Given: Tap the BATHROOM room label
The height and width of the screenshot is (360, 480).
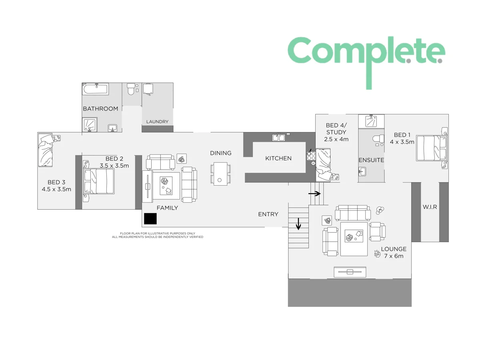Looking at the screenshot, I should point(100,108).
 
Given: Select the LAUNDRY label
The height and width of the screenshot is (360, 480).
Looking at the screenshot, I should point(157,122).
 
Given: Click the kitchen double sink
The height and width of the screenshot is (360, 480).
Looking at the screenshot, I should point(278,138).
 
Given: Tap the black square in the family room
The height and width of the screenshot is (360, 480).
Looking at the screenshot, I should point(150,218).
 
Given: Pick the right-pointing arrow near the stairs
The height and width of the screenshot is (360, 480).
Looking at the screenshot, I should point(315,194).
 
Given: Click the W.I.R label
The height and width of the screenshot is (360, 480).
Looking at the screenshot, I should point(429,207).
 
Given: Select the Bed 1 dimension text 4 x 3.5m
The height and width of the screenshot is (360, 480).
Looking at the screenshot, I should point(402,142).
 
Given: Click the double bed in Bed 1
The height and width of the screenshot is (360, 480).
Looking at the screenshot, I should point(431,148).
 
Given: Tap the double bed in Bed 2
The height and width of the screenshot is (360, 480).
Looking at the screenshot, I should point(99,181).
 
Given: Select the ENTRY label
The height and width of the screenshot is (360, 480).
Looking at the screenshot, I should point(268,214).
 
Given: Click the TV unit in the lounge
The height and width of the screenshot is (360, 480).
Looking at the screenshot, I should point(350,272).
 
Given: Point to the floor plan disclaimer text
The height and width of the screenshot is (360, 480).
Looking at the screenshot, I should point(158,235).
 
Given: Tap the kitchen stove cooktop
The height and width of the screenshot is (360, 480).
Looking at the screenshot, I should point(311,156).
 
